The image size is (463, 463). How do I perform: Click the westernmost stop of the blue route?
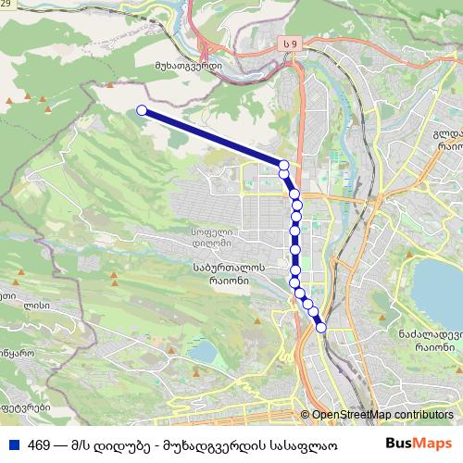coord(142,110)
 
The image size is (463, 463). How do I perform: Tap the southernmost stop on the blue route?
coord(321,328)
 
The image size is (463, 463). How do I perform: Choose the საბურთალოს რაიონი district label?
coord(231,274)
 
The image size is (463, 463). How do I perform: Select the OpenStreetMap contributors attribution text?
coord(382,415)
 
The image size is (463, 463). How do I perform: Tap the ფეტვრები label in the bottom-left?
coord(22,407)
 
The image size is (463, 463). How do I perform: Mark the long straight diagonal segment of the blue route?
coord(213,138)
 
